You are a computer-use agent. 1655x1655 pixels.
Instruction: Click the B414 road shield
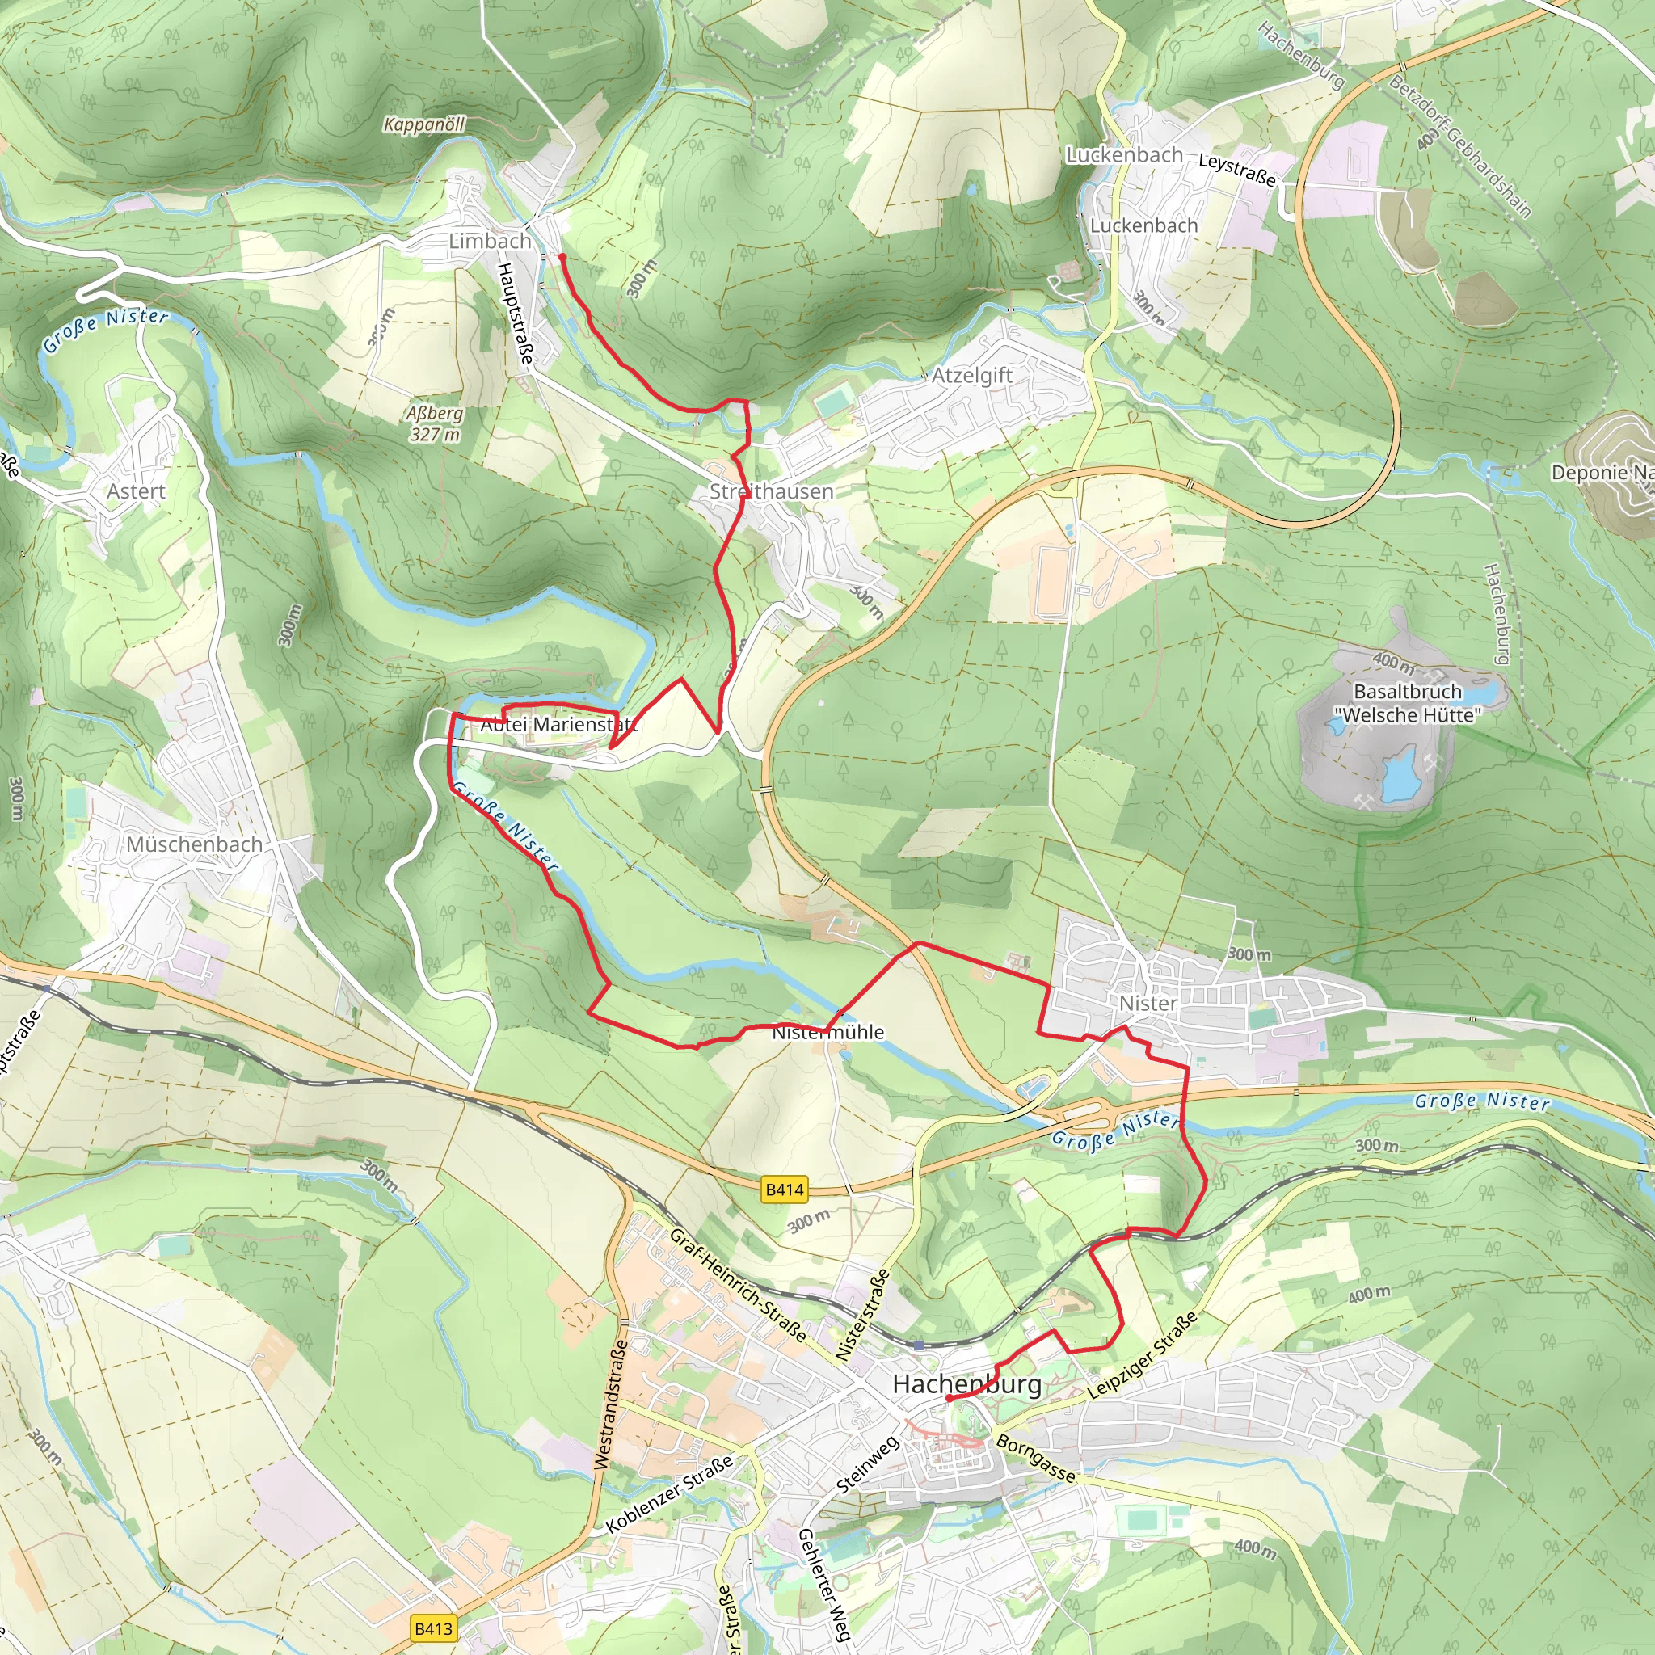[x=784, y=1189]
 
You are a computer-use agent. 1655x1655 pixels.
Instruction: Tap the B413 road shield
[x=432, y=1628]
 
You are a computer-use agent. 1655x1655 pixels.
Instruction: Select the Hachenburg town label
[x=966, y=1383]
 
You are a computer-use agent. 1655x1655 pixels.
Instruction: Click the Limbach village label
[x=490, y=241]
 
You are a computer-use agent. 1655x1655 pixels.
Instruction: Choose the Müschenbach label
[x=195, y=844]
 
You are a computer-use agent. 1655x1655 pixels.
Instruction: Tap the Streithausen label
[x=771, y=491]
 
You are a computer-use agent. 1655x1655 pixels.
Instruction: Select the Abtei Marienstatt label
[x=558, y=724]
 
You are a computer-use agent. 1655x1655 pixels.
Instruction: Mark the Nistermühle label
[x=827, y=1032]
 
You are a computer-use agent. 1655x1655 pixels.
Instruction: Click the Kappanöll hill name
[x=424, y=124]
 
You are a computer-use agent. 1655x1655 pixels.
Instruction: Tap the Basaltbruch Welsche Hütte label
[x=1408, y=702]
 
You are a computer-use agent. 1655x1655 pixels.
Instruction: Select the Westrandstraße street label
[x=611, y=1404]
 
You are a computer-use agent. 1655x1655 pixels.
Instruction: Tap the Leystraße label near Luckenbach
[x=1236, y=169]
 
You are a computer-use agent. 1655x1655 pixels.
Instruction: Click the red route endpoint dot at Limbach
[x=562, y=256]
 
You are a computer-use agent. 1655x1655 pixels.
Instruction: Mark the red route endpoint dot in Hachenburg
[x=950, y=1398]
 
